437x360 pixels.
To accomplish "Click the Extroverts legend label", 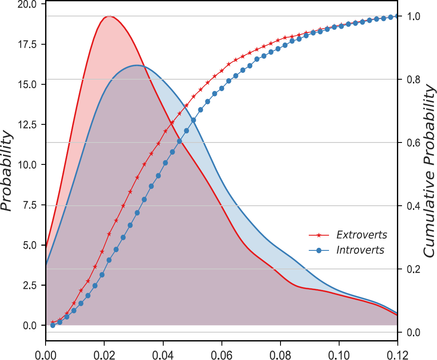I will pos(361,234).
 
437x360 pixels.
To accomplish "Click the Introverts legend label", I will pos(360,250).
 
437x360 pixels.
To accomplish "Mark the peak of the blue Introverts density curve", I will pos(136,65).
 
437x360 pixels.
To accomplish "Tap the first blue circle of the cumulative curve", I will pos(53,325).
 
